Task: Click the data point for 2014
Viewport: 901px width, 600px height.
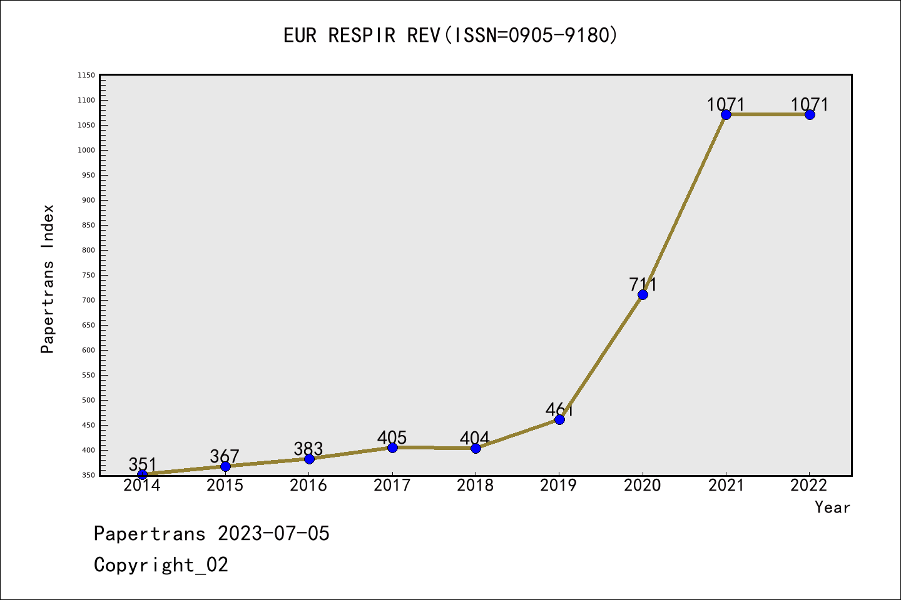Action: pyautogui.click(x=142, y=474)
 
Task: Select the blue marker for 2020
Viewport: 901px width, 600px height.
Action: pyautogui.click(x=643, y=294)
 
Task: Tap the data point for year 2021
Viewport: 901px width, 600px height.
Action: pyautogui.click(x=726, y=114)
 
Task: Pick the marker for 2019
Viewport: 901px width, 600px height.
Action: pyautogui.click(x=559, y=419)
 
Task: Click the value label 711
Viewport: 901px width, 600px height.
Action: pyautogui.click(x=643, y=284)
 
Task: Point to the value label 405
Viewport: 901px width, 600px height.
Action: pyautogui.click(x=392, y=437)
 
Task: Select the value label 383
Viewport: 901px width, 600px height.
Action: pyautogui.click(x=308, y=448)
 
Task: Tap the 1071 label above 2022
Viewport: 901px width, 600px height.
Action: pyautogui.click(x=809, y=104)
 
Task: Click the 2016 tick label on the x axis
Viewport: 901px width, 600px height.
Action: pyautogui.click(x=308, y=486)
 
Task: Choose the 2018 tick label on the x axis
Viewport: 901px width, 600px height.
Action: pyautogui.click(x=476, y=486)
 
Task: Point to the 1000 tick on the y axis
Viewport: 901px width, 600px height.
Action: pyautogui.click(x=86, y=150)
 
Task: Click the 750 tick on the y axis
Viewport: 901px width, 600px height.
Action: pyautogui.click(x=88, y=275)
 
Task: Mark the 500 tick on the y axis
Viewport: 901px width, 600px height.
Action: pyautogui.click(x=88, y=400)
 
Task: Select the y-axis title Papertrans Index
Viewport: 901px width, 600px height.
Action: pyautogui.click(x=48, y=279)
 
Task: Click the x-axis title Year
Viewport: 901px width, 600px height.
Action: pyautogui.click(x=832, y=507)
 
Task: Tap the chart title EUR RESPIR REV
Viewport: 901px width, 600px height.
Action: pyautogui.click(x=450, y=35)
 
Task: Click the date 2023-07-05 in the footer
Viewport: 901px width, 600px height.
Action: pyautogui.click(x=273, y=533)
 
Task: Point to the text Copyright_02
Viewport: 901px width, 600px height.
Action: pyautogui.click(x=161, y=564)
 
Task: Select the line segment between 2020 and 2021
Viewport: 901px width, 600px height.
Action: pyautogui.click(x=685, y=204)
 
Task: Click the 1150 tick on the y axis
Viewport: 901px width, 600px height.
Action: pyautogui.click(x=86, y=75)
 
